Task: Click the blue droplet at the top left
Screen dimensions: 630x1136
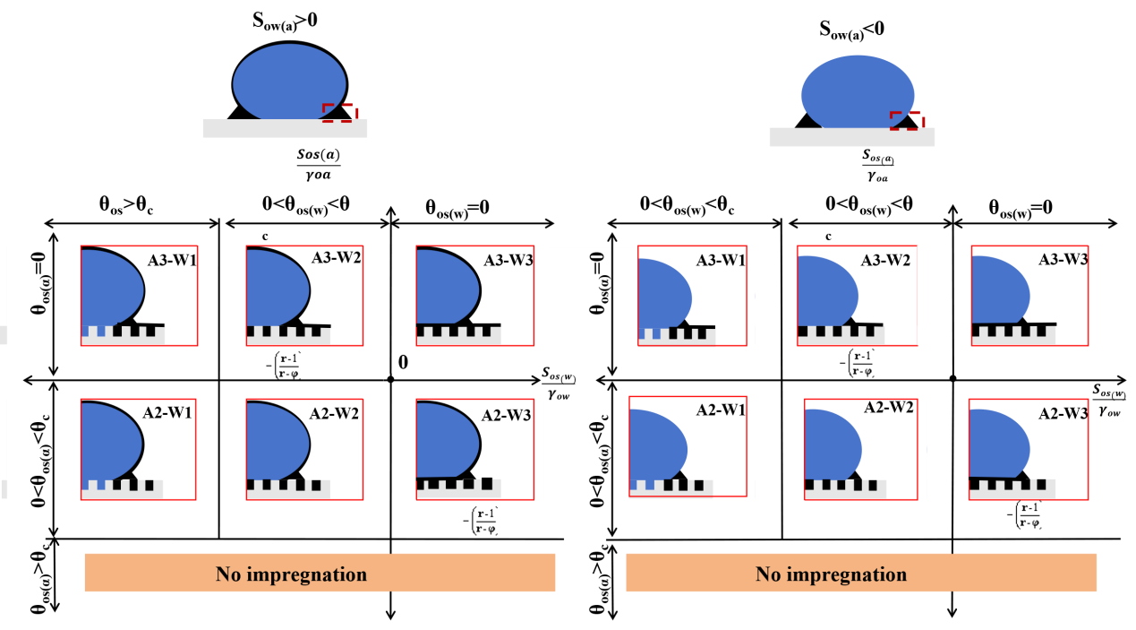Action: pos(289,82)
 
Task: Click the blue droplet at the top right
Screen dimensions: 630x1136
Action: pos(857,93)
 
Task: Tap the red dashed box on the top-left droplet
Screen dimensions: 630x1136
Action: pos(339,112)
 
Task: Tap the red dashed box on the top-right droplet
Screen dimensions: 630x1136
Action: pos(906,120)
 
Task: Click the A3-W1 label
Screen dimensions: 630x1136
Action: pos(172,261)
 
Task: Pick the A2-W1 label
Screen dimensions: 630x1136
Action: pos(170,413)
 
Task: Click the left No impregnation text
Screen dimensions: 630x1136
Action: pos(291,574)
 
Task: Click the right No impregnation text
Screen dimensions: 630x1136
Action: pos(831,574)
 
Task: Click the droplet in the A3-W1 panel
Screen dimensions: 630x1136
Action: pos(111,288)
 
